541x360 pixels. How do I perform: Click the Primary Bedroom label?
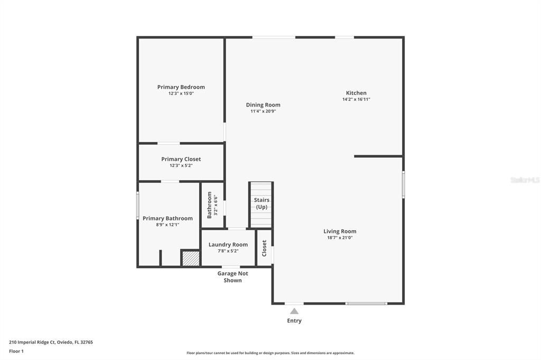tap(181, 87)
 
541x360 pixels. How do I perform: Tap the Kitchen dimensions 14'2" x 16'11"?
tap(356, 99)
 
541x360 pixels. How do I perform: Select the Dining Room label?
tap(263, 105)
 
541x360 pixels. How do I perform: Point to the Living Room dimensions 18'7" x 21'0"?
tap(340, 238)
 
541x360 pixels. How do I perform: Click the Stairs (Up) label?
tap(262, 203)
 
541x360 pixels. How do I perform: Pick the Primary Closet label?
tap(181, 159)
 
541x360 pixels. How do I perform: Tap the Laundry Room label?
tap(228, 244)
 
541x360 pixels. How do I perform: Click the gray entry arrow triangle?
tap(294, 311)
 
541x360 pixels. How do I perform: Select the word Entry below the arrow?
tap(294, 320)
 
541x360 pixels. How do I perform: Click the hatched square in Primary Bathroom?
tap(190, 258)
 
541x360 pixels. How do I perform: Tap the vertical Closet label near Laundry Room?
tap(264, 248)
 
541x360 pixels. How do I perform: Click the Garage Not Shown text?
tap(232, 277)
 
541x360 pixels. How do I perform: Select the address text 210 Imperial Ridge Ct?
tap(51, 342)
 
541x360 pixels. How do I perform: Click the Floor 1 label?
tap(16, 351)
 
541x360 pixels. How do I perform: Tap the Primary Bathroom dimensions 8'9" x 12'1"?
tap(167, 225)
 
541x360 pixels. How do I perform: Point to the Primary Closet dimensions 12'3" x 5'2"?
tap(181, 165)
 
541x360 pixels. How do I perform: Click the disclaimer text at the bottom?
tap(270, 353)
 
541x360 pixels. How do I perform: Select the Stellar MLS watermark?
tap(525, 180)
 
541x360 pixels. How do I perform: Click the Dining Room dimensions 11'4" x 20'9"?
tap(263, 111)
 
